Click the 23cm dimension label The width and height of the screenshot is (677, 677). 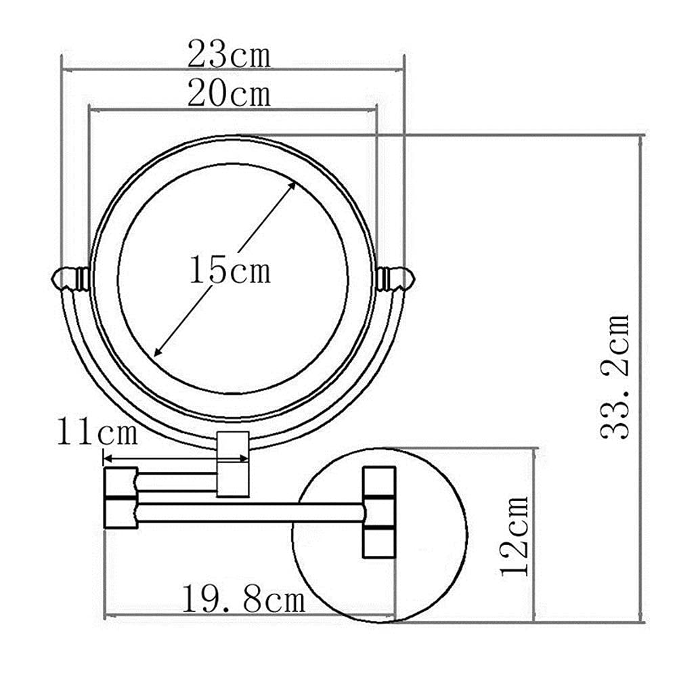click(230, 54)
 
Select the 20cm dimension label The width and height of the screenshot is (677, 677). click(230, 93)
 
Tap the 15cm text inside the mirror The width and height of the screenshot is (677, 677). click(230, 270)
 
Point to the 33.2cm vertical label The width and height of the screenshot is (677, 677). click(615, 376)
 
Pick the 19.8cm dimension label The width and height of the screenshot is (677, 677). click(244, 599)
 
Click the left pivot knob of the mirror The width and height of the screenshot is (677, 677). click(70, 278)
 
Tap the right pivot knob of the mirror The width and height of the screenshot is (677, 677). click(395, 278)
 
